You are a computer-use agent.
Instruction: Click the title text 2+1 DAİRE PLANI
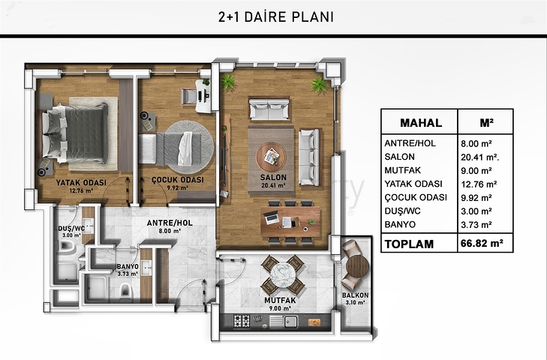coord(274,16)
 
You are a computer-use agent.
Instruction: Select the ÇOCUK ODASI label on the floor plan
coord(177,181)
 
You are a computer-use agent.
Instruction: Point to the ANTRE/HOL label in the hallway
coord(166,223)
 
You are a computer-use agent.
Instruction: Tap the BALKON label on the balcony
coord(354,295)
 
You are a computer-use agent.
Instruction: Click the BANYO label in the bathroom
coord(126,266)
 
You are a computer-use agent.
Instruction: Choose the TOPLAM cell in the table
coord(409,244)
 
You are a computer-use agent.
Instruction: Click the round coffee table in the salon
coord(272,156)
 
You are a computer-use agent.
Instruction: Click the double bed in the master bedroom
coord(75,132)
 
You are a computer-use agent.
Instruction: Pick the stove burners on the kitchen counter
coord(242,320)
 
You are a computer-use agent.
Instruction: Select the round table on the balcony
coord(357,267)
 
